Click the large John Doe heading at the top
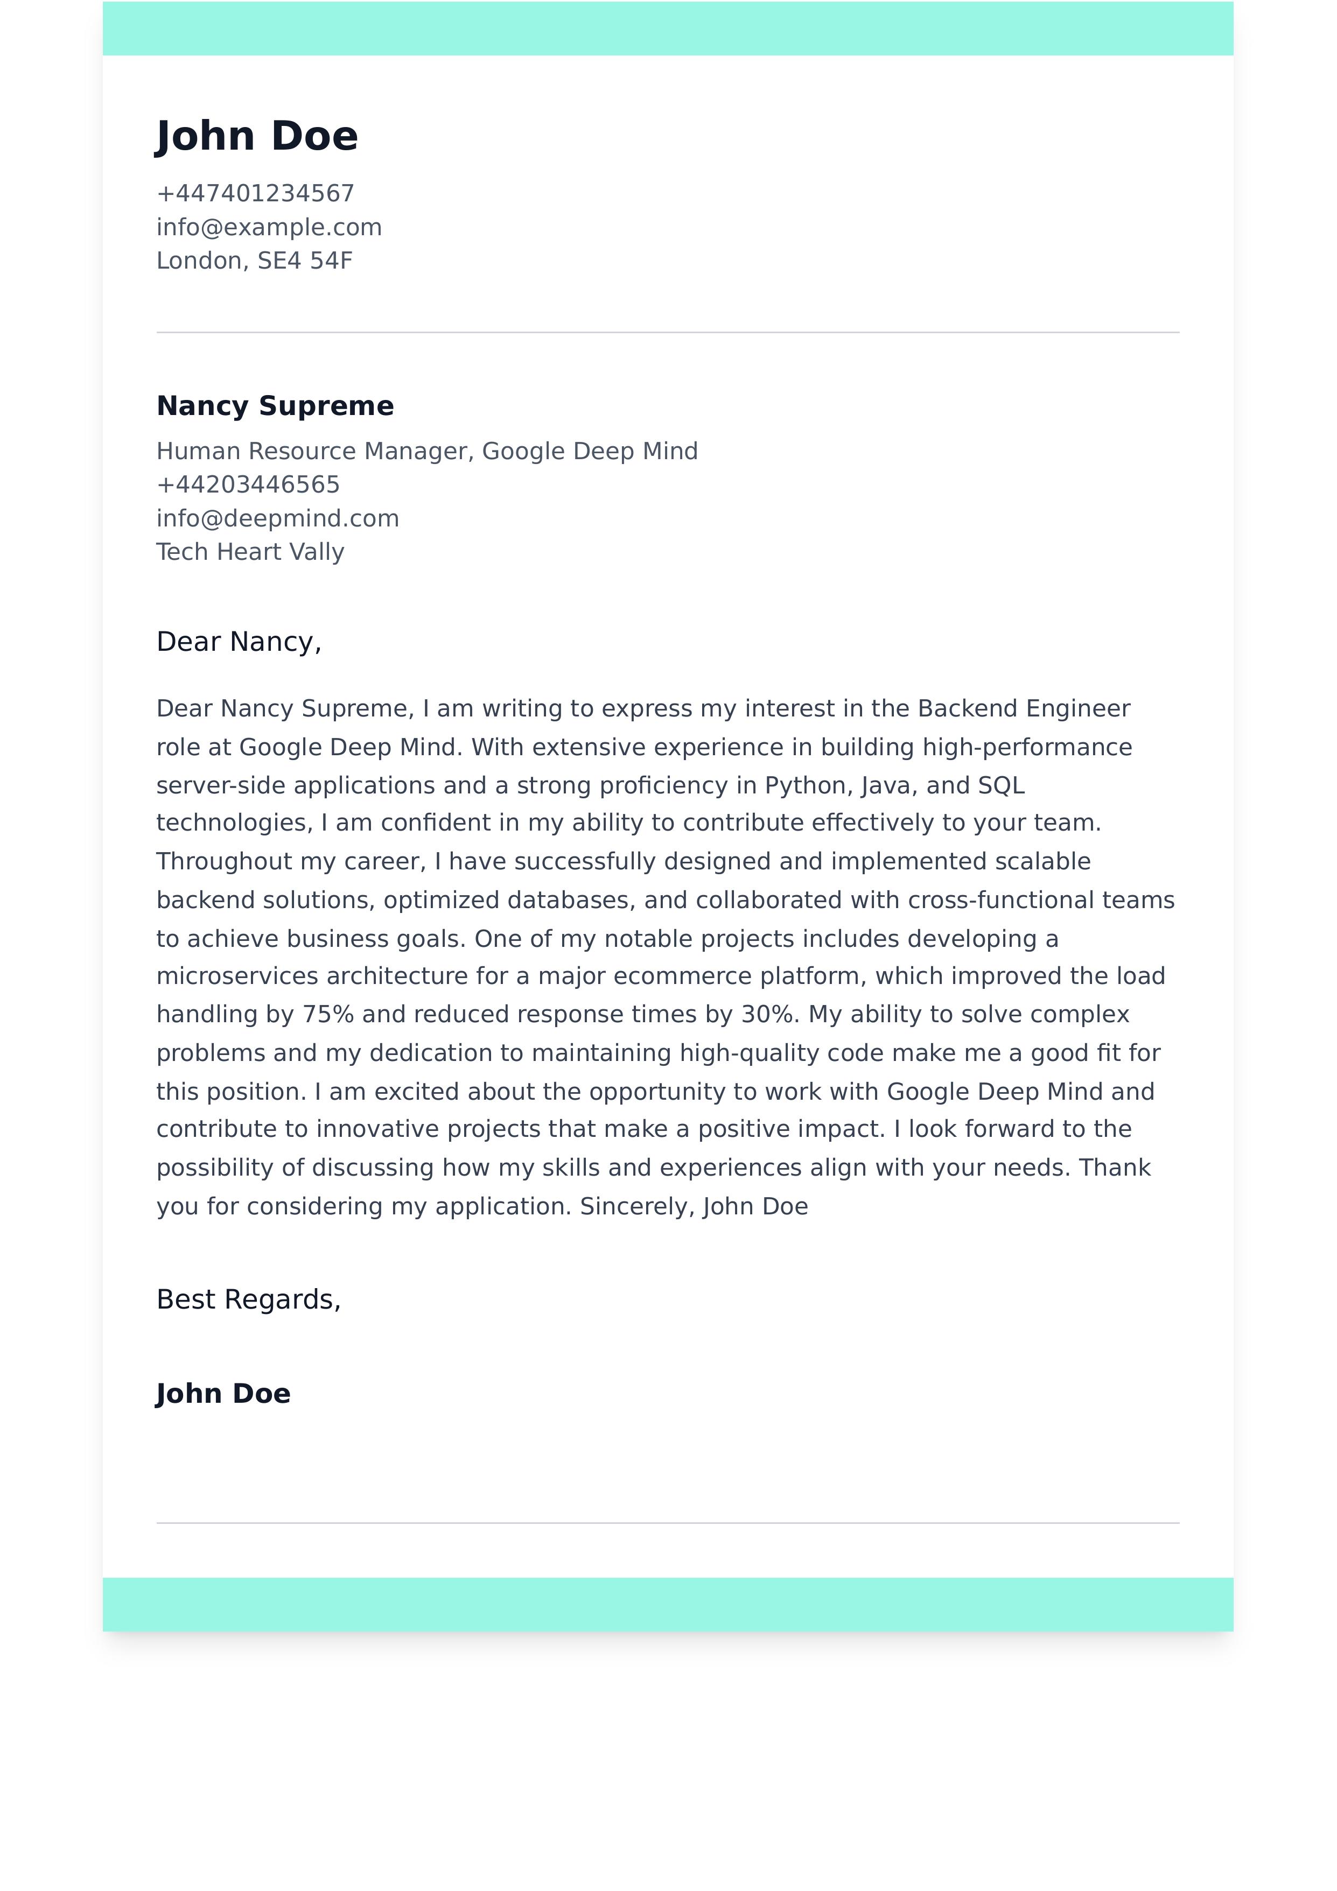point(257,136)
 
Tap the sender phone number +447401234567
point(255,194)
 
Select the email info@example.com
point(269,227)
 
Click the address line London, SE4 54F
point(255,261)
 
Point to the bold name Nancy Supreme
point(275,406)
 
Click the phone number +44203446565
point(248,484)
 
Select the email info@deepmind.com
point(278,518)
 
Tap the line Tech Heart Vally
point(250,552)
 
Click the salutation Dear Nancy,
point(239,642)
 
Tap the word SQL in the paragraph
point(1001,786)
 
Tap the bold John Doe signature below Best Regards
point(223,1394)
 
